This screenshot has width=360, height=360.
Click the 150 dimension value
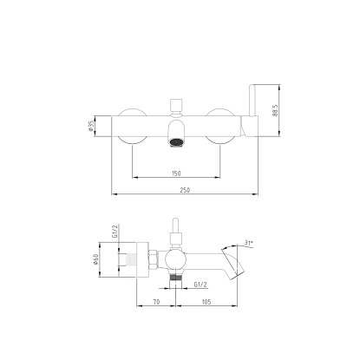(176, 173)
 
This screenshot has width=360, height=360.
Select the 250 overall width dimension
(185, 190)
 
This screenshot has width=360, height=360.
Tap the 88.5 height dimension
(275, 110)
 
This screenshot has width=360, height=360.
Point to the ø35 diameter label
(91, 126)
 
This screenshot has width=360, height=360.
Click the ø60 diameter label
(95, 259)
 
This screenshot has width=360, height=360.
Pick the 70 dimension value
(156, 302)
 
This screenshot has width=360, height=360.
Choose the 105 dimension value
(206, 302)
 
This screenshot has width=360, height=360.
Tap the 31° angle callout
(249, 243)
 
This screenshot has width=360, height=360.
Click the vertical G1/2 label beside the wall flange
(115, 232)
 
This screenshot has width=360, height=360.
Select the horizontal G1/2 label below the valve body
(200, 285)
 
